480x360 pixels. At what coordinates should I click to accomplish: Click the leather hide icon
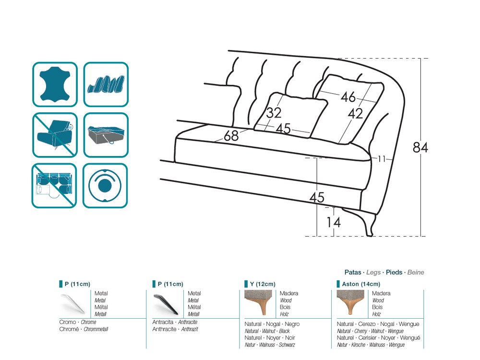(55, 84)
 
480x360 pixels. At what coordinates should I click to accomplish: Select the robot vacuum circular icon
(105, 185)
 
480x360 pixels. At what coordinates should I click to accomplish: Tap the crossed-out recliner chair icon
(55, 135)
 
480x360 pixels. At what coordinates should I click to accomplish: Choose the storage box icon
(106, 135)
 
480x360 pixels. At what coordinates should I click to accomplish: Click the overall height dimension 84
(420, 147)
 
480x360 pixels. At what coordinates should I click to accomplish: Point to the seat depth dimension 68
(231, 136)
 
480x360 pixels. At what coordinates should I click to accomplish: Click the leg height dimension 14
(334, 222)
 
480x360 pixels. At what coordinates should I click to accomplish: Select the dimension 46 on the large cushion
(348, 97)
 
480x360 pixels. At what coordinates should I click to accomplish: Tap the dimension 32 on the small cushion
(274, 113)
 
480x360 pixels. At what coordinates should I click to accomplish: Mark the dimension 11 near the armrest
(381, 159)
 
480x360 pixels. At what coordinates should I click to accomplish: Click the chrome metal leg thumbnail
(73, 304)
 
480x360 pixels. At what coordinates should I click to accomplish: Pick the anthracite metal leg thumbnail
(166, 304)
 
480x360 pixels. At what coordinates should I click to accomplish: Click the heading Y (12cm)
(263, 284)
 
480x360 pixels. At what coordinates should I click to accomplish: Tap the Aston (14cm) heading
(361, 284)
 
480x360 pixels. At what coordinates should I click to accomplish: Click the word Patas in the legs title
(353, 272)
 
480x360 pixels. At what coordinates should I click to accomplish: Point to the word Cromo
(68, 322)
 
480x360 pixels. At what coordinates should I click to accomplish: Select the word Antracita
(163, 322)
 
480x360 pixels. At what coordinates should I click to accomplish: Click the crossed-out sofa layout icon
(54, 185)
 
